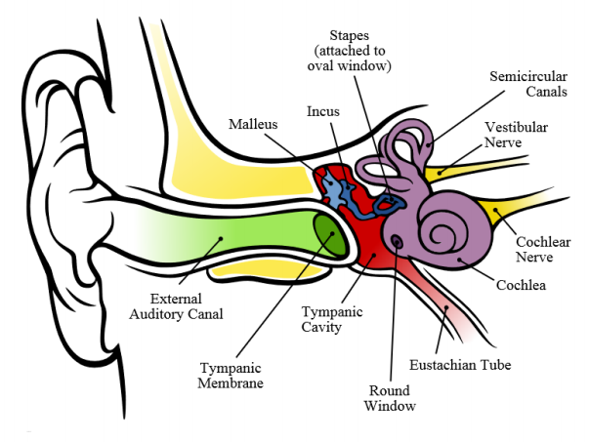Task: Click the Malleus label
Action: click(252, 125)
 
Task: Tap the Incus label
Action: click(322, 111)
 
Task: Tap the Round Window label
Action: click(399, 397)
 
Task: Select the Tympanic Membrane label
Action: click(231, 375)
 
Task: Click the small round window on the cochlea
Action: click(397, 239)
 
